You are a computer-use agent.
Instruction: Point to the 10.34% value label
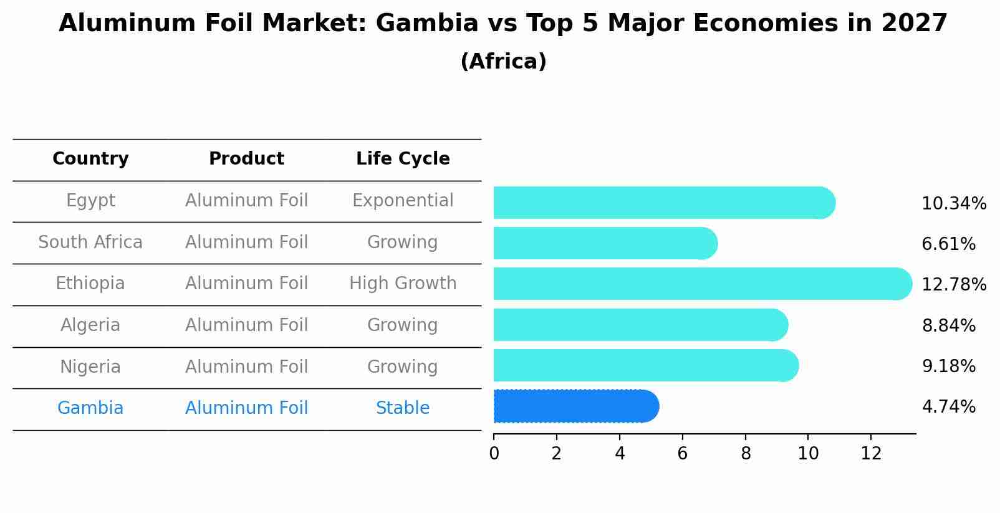click(953, 204)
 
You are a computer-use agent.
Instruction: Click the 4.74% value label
click(948, 407)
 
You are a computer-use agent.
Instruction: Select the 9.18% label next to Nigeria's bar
click(948, 366)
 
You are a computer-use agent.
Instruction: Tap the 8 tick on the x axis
click(746, 454)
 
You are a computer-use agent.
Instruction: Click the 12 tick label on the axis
click(871, 454)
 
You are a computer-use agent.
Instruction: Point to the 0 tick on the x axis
click(494, 454)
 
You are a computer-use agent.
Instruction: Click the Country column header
click(90, 159)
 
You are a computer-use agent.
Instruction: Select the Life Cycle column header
click(403, 159)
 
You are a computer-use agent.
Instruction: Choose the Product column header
click(246, 159)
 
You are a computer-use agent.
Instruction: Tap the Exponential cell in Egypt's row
click(403, 201)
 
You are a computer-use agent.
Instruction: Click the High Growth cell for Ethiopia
click(403, 284)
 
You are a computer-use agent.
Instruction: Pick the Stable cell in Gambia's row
click(403, 408)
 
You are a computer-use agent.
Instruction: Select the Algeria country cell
click(90, 325)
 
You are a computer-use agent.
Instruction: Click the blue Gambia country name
click(90, 408)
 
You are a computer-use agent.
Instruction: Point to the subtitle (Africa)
click(503, 62)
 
